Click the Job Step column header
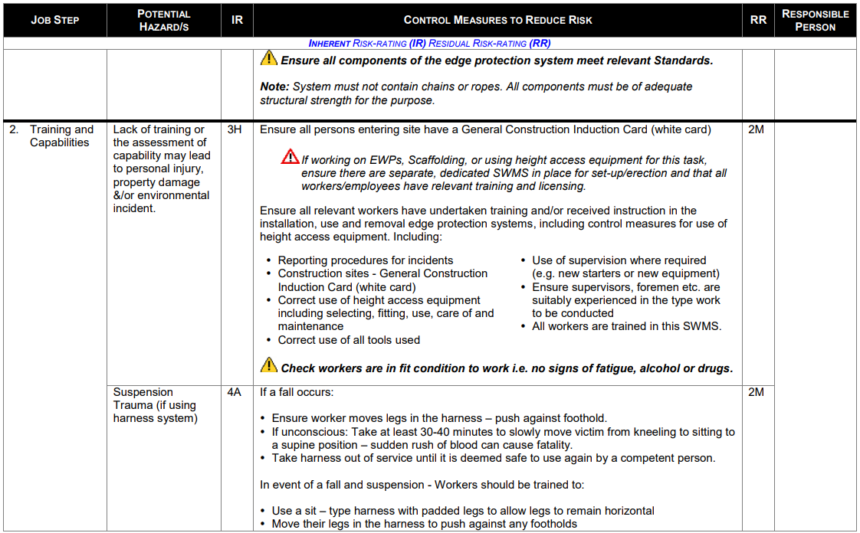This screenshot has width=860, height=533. pos(54,20)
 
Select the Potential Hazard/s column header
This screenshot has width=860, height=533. pos(163,21)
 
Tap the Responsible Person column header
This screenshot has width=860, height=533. pos(815,21)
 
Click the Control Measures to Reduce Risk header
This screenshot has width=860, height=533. pos(497,20)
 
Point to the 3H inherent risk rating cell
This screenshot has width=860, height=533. pos(235,130)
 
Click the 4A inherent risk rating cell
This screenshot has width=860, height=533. pos(235,392)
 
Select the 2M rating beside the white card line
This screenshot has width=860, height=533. pos(756,130)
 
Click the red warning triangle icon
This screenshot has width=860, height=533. pos(290,157)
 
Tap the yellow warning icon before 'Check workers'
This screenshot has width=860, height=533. pos(269,365)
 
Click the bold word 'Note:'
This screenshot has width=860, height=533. pos(274,87)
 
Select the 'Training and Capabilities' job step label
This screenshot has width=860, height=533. pos(61,136)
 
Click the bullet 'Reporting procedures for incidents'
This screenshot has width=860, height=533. pos(366,260)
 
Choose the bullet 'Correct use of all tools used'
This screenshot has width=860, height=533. pos(349,340)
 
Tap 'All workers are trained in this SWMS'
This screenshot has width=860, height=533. pos(626,326)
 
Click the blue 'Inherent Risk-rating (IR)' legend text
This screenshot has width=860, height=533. pos(367,44)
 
